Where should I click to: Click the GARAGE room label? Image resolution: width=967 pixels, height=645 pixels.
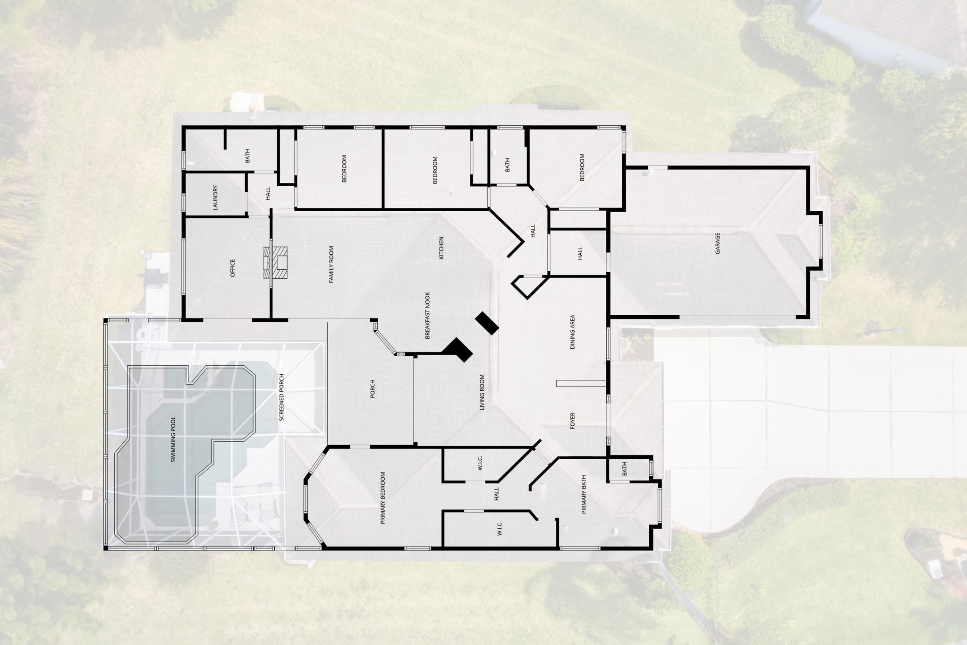(718, 243)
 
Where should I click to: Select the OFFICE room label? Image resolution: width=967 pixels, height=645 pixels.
(232, 268)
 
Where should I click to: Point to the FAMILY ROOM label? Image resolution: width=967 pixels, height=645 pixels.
(331, 265)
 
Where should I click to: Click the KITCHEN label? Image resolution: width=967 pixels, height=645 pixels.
(441, 249)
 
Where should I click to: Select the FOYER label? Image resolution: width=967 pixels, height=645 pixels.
(573, 421)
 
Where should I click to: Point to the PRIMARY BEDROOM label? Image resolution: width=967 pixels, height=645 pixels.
(383, 498)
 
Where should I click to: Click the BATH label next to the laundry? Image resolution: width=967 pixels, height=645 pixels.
(247, 156)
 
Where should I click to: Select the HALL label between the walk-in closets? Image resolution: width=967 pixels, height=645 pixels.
(496, 494)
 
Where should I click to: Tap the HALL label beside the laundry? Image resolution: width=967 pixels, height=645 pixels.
(268, 193)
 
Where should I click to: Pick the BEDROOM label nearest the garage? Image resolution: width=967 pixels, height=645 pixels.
(582, 167)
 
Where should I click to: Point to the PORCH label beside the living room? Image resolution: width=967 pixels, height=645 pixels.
(373, 389)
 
